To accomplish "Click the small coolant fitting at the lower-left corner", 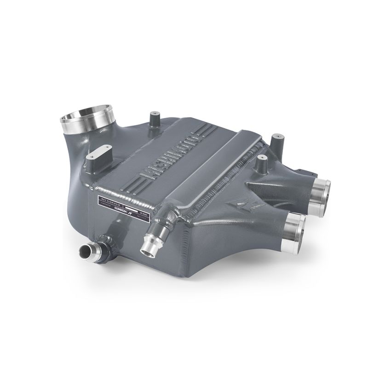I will point(88,251).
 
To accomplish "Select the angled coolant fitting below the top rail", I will point(152,237).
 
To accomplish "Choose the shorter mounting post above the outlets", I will point(262,164).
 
